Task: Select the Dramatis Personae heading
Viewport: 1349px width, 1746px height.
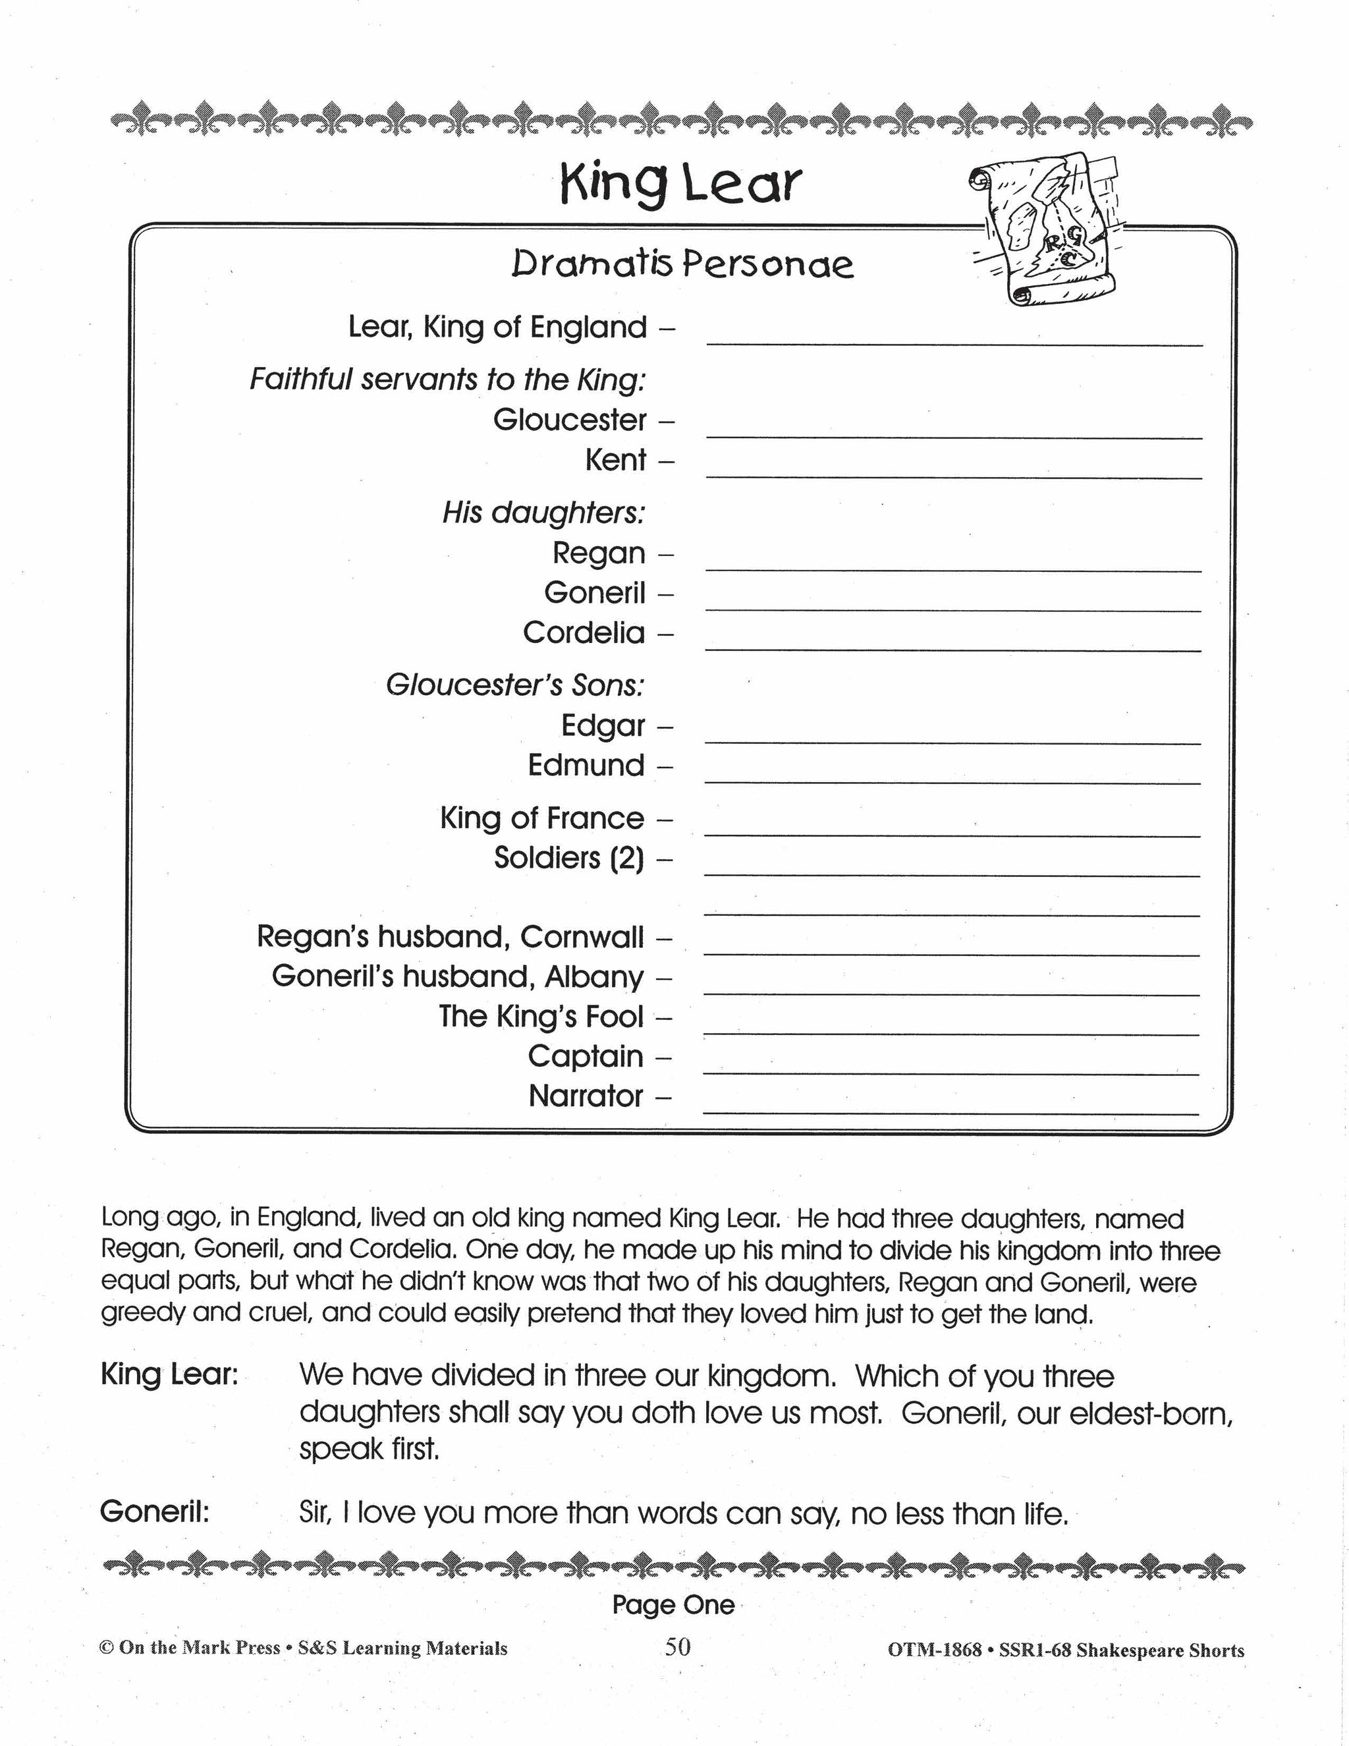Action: tap(682, 265)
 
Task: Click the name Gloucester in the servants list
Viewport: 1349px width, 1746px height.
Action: tap(569, 420)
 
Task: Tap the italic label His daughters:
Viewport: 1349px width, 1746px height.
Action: tap(543, 513)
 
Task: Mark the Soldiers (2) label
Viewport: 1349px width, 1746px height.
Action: tap(568, 859)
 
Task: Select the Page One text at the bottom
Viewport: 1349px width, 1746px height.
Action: tap(673, 1605)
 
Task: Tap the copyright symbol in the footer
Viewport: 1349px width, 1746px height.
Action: tap(105, 1648)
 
